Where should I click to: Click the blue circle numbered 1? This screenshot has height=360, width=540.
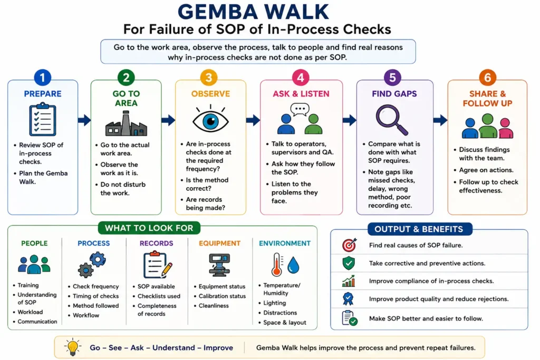(x=43, y=77)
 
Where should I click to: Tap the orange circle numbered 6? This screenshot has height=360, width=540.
(x=487, y=77)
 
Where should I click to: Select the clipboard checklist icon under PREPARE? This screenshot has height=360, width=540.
(x=43, y=119)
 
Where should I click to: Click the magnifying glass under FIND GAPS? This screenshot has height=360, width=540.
(x=392, y=120)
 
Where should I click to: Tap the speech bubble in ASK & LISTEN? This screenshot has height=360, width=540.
(x=300, y=110)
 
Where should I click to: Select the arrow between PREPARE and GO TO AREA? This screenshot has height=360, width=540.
(x=84, y=120)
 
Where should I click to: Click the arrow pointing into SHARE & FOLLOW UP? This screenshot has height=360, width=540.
(x=440, y=120)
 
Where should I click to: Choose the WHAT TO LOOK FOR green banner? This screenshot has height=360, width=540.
(x=149, y=228)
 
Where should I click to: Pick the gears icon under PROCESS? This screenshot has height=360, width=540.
(x=92, y=264)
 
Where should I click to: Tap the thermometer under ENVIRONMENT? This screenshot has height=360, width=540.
(x=277, y=265)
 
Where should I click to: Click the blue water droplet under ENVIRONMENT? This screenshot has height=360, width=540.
(x=293, y=265)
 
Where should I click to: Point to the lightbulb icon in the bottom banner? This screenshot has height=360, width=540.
(x=73, y=347)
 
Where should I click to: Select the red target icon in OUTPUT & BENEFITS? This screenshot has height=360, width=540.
(x=349, y=245)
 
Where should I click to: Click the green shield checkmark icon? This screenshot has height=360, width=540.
(x=349, y=263)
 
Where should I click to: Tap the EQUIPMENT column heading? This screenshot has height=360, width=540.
(x=219, y=244)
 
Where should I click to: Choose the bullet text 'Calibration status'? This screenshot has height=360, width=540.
(x=222, y=296)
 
